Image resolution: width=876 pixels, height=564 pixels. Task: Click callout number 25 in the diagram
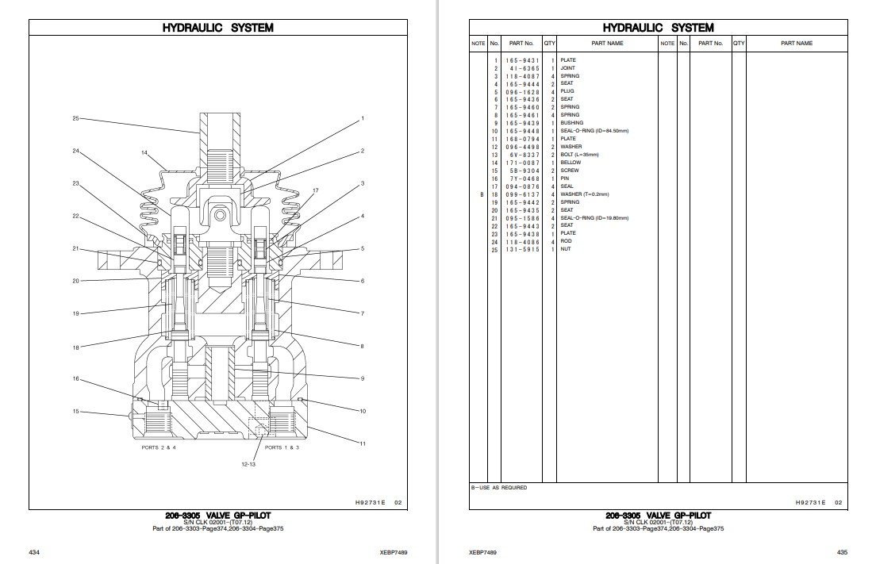tap(75, 118)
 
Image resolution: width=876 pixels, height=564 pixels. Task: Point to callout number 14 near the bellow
tap(145, 152)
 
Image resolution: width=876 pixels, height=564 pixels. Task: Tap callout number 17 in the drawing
tap(315, 191)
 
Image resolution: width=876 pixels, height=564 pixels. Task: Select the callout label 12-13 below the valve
tap(249, 463)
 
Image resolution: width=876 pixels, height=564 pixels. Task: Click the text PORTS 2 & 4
tap(159, 447)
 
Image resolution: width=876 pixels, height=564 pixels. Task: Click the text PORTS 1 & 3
tap(283, 447)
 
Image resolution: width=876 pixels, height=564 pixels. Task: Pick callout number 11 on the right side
tap(363, 443)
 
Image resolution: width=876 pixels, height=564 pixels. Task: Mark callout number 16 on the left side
tap(76, 378)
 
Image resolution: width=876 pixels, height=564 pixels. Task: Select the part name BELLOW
tap(571, 163)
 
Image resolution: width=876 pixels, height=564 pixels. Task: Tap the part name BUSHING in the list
tap(571, 123)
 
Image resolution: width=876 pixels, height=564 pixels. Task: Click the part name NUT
tap(566, 249)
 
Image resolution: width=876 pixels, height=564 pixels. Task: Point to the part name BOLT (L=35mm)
tap(579, 155)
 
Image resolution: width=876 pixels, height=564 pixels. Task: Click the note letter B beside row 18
tap(481, 194)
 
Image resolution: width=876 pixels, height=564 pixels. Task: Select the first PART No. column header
tap(521, 43)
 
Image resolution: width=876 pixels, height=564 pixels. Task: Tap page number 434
tap(34, 551)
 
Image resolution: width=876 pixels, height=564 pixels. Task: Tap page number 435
tap(842, 551)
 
